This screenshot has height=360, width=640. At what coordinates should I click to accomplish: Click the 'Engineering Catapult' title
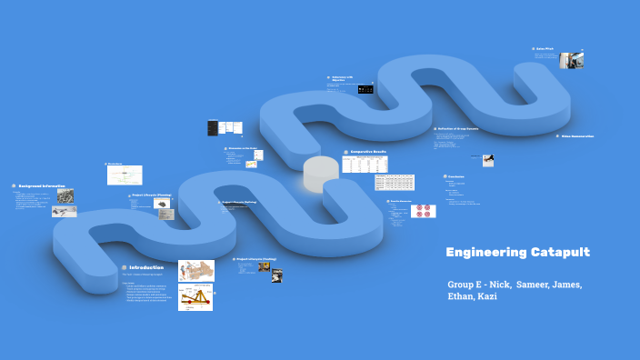518,252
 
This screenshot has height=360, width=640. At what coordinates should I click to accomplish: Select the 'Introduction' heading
146,267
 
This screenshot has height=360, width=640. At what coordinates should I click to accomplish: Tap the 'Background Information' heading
41,185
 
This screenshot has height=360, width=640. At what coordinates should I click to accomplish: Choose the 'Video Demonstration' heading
577,136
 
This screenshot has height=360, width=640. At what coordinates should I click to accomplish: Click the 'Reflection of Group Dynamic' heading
465,129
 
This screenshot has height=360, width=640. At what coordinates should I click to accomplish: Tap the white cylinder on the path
320,173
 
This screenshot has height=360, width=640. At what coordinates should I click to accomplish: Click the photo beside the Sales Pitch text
571,60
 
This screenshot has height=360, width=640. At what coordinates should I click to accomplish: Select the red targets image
424,211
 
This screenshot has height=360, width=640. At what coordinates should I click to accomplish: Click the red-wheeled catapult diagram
195,297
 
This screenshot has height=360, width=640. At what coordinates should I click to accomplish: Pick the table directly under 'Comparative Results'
365,165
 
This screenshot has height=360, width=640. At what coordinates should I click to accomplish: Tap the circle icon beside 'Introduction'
124,267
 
